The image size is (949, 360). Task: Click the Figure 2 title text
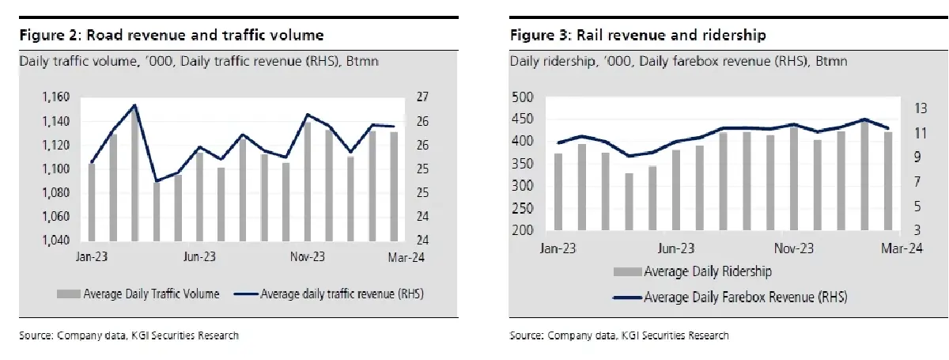point(171,36)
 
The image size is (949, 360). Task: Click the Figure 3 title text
point(637,36)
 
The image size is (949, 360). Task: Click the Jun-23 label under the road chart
point(200,257)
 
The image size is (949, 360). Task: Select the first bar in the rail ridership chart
point(558,195)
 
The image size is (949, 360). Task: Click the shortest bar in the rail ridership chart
point(630,204)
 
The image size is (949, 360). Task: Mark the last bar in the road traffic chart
point(394,186)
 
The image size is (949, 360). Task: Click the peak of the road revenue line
point(135,105)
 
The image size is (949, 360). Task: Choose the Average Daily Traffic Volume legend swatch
point(68,294)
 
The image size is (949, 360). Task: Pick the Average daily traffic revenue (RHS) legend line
point(247,294)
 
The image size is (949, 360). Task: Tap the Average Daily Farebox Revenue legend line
point(626,297)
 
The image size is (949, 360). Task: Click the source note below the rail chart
point(618,335)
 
